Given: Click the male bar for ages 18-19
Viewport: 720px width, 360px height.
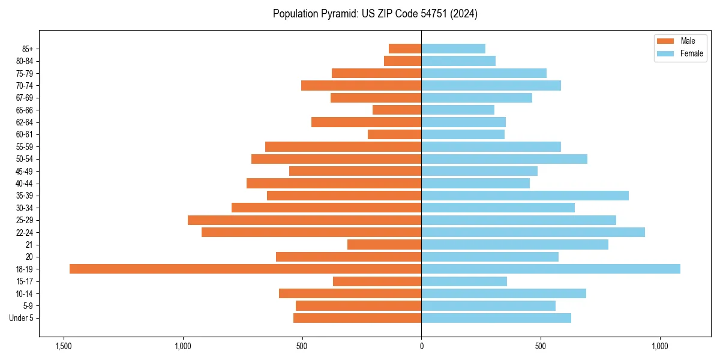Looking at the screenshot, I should (245, 269).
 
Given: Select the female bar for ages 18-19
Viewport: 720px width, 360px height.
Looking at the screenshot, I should (551, 269).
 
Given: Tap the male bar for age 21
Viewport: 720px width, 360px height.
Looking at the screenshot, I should (385, 244).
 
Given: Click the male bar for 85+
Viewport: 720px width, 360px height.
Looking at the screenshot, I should (405, 49).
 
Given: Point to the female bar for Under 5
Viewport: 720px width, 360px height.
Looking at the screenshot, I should (496, 318).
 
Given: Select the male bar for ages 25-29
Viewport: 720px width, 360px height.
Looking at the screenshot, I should (305, 220).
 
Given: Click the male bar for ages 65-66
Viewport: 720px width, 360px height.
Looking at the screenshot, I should (397, 110).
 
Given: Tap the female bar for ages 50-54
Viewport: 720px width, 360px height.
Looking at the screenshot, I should (504, 159).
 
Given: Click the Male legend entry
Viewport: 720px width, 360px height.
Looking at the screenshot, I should (680, 41).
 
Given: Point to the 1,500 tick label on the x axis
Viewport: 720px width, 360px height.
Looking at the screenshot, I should (64, 346).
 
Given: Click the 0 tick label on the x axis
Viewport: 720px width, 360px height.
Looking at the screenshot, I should (422, 346).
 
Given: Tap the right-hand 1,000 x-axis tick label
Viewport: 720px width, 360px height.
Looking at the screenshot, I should (660, 346).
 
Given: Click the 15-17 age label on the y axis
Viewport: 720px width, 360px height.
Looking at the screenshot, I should (25, 281).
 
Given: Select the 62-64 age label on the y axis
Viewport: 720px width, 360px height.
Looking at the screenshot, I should (25, 122).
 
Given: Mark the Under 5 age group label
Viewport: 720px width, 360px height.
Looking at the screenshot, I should (22, 318).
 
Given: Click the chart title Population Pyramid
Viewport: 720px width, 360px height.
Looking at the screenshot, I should (375, 14).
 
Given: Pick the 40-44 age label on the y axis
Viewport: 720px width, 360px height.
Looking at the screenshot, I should (25, 184).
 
